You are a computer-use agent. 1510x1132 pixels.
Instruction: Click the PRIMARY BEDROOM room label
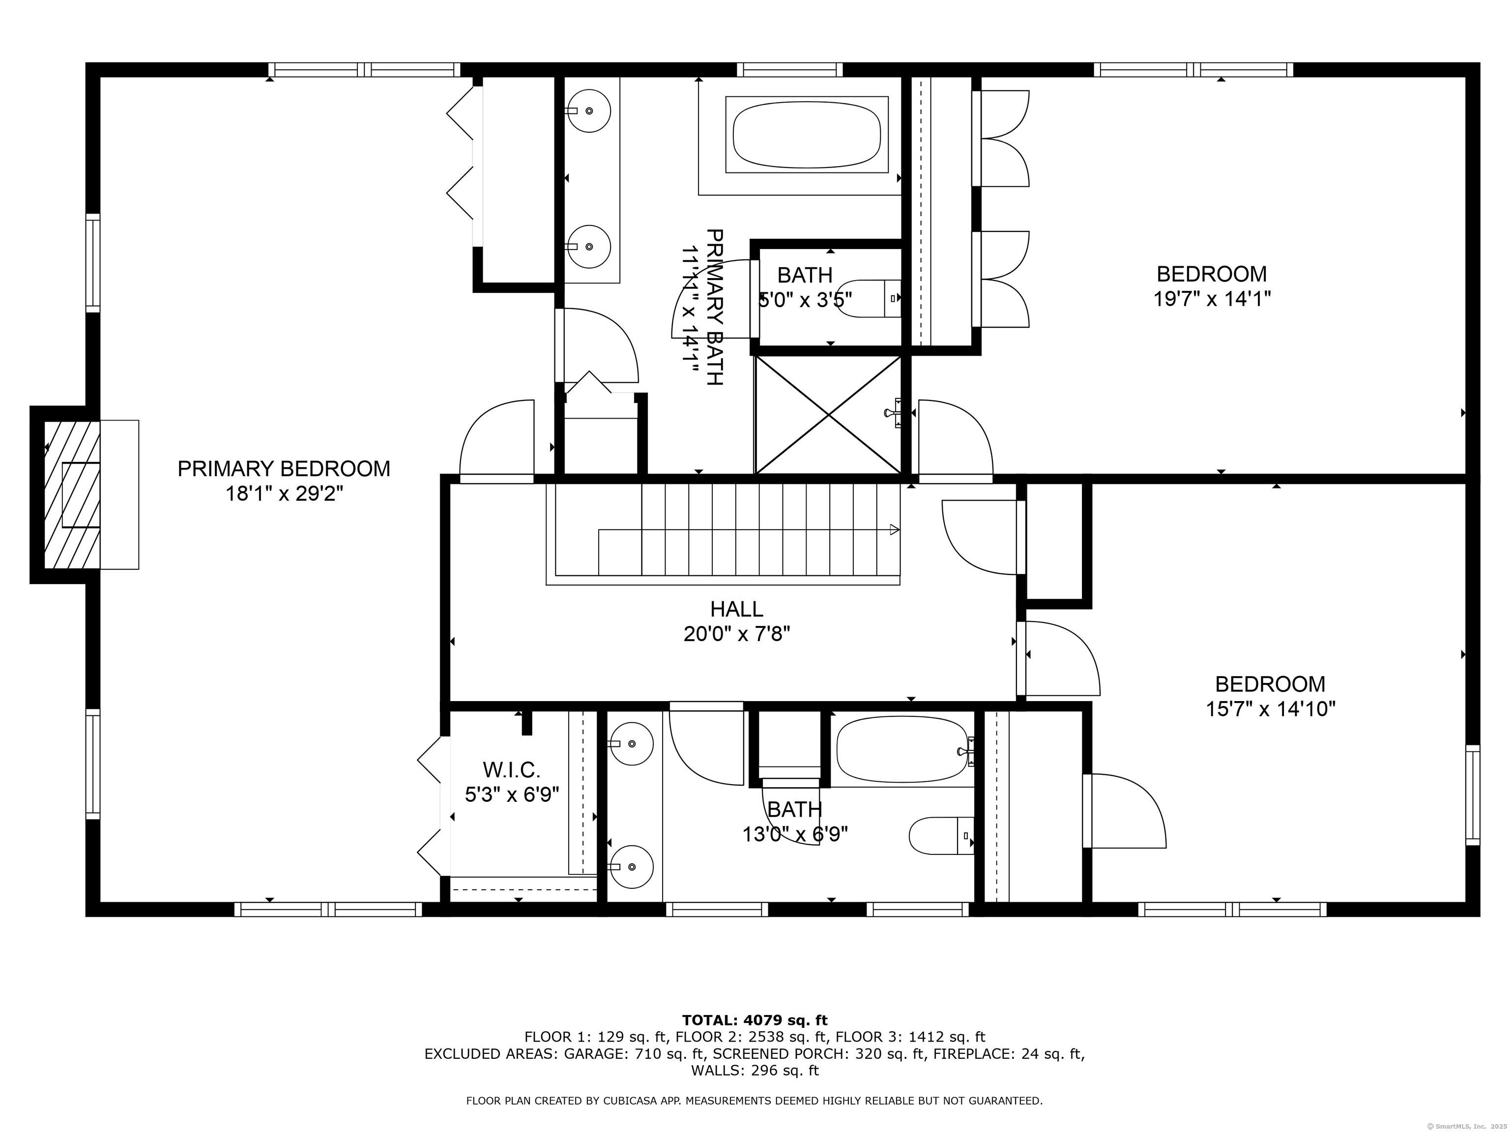click(284, 469)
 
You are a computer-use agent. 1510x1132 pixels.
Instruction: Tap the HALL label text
click(737, 609)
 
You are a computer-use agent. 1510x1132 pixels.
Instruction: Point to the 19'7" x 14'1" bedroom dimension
click(1212, 299)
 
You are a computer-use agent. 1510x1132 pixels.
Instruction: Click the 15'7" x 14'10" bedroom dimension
click(1271, 709)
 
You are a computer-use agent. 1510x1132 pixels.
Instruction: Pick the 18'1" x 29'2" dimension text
click(284, 493)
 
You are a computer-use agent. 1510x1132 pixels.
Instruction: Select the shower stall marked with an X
click(828, 414)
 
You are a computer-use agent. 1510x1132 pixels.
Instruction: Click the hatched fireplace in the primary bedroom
click(72, 495)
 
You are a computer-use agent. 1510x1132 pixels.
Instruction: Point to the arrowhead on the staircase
click(894, 530)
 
